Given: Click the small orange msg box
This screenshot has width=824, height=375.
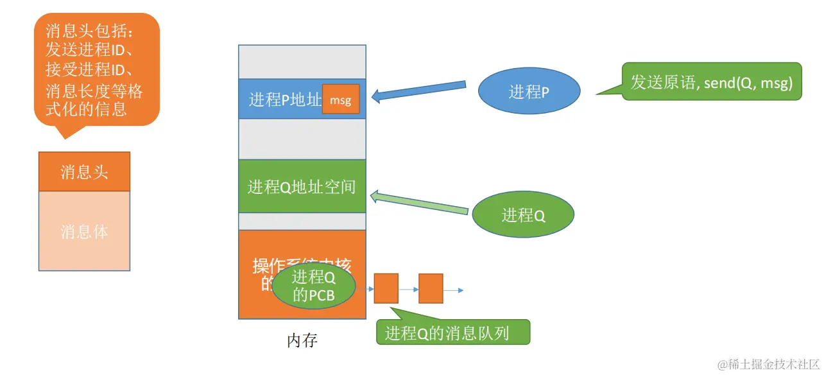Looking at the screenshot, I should [340, 100].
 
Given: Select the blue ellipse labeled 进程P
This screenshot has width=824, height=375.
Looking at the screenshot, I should [529, 92].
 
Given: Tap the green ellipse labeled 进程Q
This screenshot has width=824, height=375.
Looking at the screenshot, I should [523, 215].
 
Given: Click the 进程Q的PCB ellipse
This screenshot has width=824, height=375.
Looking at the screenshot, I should [314, 286].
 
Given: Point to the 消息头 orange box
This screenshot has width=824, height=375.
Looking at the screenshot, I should [84, 171].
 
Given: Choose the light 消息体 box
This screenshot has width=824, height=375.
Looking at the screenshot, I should [84, 231].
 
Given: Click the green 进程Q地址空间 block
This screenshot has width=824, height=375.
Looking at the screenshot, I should [302, 186].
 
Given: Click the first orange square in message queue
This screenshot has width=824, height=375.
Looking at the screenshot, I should [386, 288].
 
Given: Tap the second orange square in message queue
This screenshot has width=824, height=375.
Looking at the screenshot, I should [431, 288].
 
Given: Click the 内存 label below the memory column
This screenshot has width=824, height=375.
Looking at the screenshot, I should [302, 340].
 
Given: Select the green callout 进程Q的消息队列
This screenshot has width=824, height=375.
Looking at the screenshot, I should [452, 333].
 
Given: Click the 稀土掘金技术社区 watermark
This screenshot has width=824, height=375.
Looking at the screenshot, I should [768, 364].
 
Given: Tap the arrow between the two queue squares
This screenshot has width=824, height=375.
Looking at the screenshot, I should [408, 290].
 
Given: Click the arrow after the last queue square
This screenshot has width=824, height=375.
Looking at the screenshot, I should [453, 290].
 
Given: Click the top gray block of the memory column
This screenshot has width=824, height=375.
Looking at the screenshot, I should [302, 62].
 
